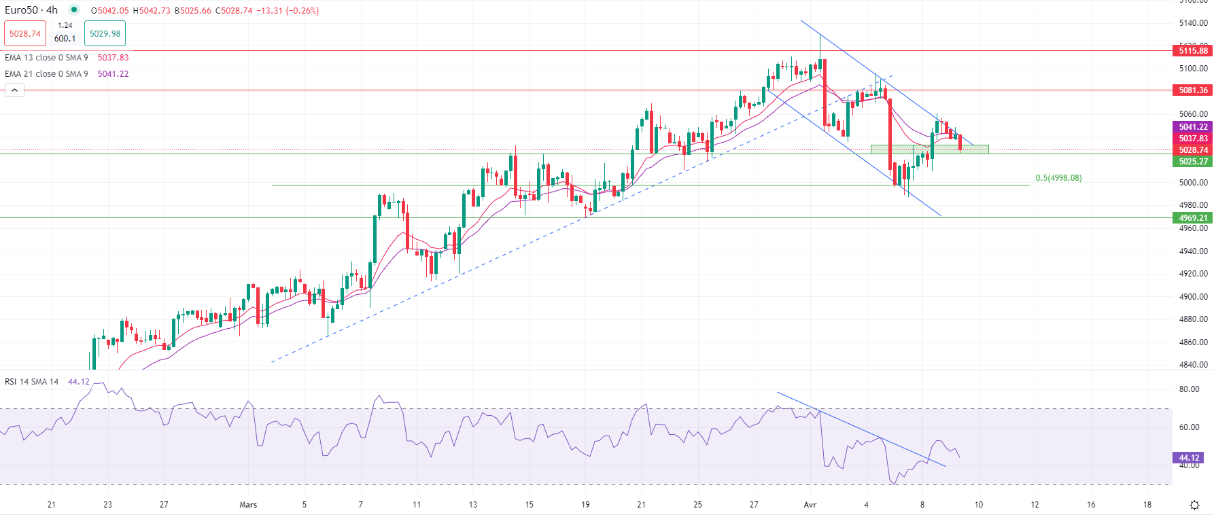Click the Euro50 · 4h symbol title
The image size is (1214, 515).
31,10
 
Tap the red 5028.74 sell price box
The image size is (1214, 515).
25,33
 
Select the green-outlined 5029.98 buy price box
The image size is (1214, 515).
105,33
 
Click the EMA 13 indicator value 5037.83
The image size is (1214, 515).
113,58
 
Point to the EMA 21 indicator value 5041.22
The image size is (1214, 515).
113,74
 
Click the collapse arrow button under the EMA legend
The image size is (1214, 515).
14,90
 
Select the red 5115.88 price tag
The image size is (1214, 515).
1193,51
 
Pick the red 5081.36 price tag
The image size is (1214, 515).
1193,90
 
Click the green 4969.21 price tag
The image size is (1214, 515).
1193,218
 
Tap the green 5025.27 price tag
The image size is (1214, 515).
1193,162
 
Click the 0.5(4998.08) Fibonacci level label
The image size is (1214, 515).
1058,178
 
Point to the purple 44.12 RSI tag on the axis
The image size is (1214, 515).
1189,458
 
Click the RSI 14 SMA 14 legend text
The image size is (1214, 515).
32,382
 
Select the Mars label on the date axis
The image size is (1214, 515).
248,505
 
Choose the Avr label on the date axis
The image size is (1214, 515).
810,505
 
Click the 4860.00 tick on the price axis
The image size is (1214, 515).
1193,342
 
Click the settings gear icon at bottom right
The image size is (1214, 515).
1194,505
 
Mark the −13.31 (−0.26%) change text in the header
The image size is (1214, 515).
288,11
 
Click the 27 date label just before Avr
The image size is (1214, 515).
754,505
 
